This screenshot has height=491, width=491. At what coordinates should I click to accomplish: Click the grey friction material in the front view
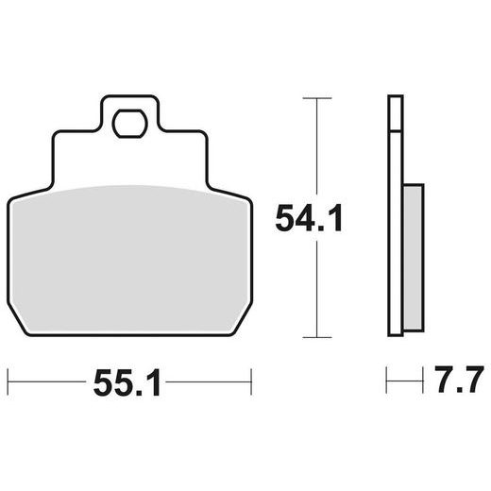129,255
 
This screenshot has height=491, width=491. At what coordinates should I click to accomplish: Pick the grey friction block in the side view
413,255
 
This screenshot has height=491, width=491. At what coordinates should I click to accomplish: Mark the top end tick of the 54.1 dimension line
316,96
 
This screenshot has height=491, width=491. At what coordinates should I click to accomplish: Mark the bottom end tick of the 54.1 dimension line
316,338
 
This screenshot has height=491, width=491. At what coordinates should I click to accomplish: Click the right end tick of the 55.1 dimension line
250,384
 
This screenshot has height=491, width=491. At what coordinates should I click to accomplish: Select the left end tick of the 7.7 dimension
388,384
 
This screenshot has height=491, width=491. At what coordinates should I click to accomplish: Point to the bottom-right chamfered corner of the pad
243,327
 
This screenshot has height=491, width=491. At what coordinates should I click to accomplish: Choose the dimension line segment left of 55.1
47,384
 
